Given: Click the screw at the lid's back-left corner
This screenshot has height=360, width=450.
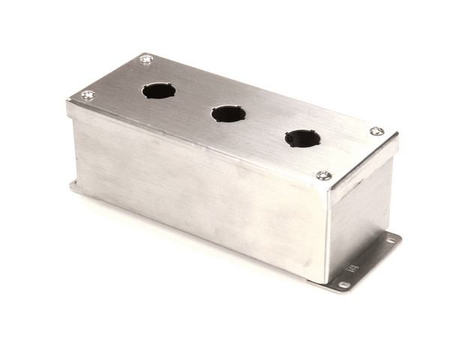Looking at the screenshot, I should coord(146,58).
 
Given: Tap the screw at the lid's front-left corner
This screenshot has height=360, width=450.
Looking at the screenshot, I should coord(88,95).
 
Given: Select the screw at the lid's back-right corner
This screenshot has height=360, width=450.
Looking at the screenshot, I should coord(376,131).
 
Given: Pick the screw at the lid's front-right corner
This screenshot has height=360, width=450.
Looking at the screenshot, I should coord(323,175).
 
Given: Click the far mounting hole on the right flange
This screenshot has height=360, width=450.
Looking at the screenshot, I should coord(388,241).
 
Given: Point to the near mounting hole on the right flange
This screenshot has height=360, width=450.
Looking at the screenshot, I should coord(343,285).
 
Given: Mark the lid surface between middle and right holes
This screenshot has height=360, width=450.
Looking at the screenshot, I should coord(262,126).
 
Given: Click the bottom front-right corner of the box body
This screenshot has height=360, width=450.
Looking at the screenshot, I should coord(325,280).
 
